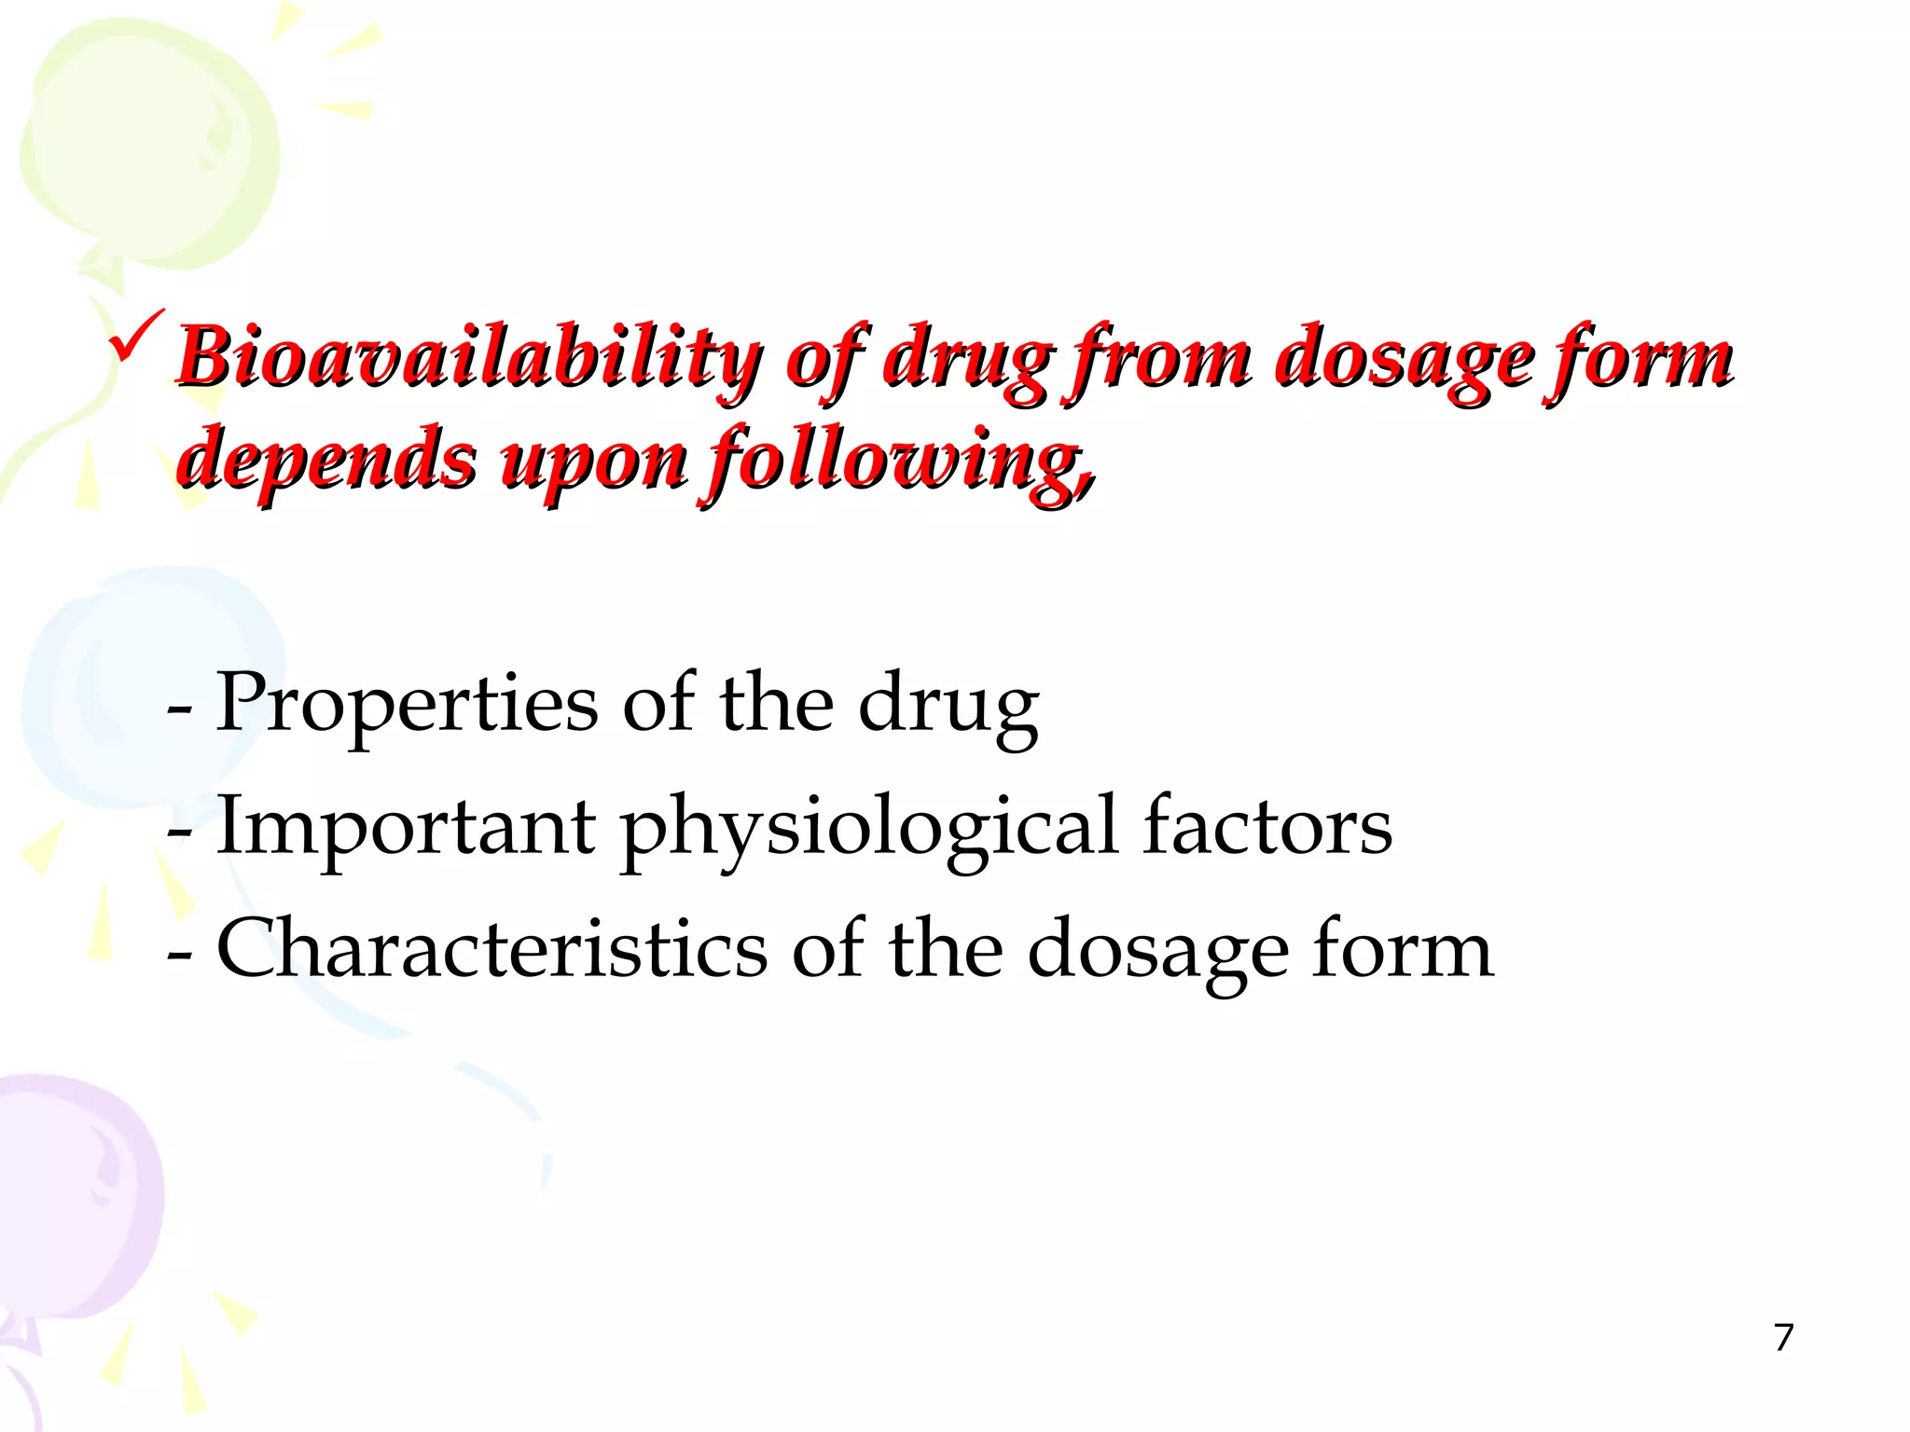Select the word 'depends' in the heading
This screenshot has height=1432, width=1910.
click(x=325, y=460)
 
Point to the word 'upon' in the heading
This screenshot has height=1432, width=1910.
click(x=594, y=460)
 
